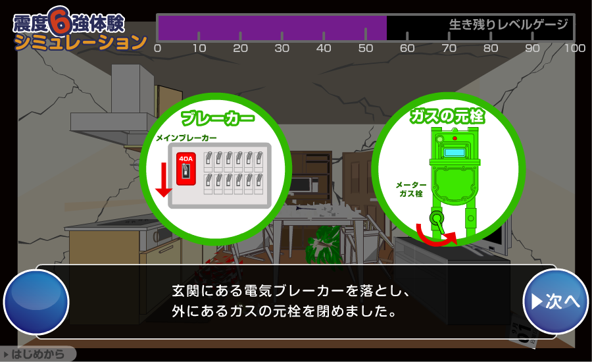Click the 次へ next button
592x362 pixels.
555,301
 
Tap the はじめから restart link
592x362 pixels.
37,355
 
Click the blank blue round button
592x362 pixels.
36,302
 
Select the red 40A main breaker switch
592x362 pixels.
185,169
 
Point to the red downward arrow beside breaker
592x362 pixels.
164,180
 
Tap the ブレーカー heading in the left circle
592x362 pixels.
218,118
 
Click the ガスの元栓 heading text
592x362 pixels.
447,116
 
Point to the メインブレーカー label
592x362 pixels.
187,138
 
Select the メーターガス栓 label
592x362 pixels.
410,190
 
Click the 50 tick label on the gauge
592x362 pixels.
366,48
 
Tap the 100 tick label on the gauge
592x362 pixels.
575,48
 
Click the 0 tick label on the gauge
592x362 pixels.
157,48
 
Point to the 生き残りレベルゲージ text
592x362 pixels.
508,24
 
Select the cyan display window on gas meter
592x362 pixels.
455,153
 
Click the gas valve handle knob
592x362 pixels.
437,219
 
